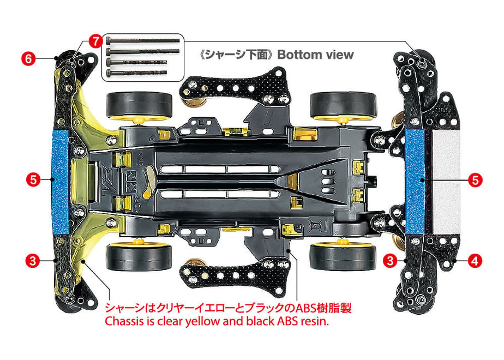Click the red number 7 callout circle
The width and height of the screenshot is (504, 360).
(x=95, y=41)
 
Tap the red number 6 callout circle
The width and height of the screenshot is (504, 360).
(x=28, y=59)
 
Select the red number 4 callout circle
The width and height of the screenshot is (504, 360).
(x=475, y=260)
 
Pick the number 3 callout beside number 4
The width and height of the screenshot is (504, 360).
(x=390, y=260)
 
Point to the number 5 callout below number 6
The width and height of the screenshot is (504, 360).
(x=33, y=179)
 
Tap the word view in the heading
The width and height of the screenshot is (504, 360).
(x=340, y=55)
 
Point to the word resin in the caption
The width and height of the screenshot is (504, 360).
(x=314, y=321)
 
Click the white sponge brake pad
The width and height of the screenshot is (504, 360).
(x=446, y=182)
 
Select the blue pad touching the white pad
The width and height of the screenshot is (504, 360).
(x=415, y=182)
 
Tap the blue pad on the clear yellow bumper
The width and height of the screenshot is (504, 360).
(x=60, y=182)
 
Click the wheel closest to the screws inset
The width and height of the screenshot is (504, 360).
(x=139, y=106)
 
